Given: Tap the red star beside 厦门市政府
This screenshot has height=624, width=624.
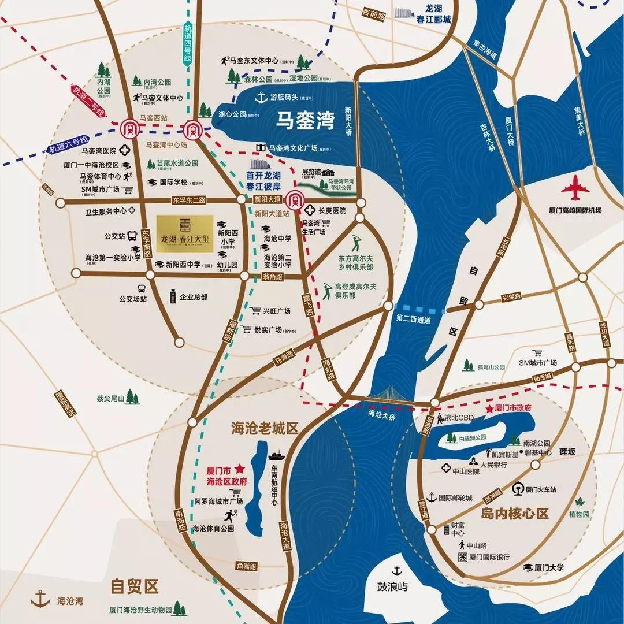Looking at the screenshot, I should [490, 408].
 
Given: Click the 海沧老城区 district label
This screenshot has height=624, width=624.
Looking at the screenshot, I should [264, 428].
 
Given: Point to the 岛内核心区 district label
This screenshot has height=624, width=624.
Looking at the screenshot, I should [514, 514].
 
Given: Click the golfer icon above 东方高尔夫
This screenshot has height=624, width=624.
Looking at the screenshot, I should [355, 241].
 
